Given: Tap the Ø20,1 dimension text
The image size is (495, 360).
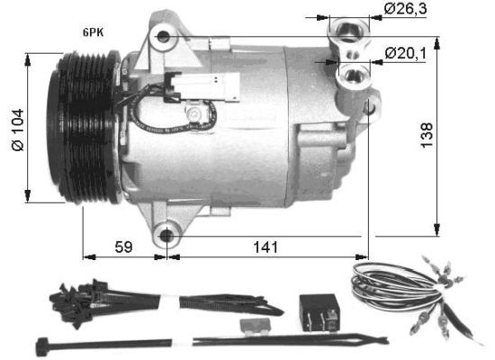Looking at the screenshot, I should coord(404,53).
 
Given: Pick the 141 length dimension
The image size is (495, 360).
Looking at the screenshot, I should coord(266,246).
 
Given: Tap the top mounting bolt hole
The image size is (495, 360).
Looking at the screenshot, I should coord(163,37).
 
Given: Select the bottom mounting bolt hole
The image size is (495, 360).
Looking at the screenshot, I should coord(166,237).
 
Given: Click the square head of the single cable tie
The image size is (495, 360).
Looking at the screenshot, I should coord(40,343).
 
